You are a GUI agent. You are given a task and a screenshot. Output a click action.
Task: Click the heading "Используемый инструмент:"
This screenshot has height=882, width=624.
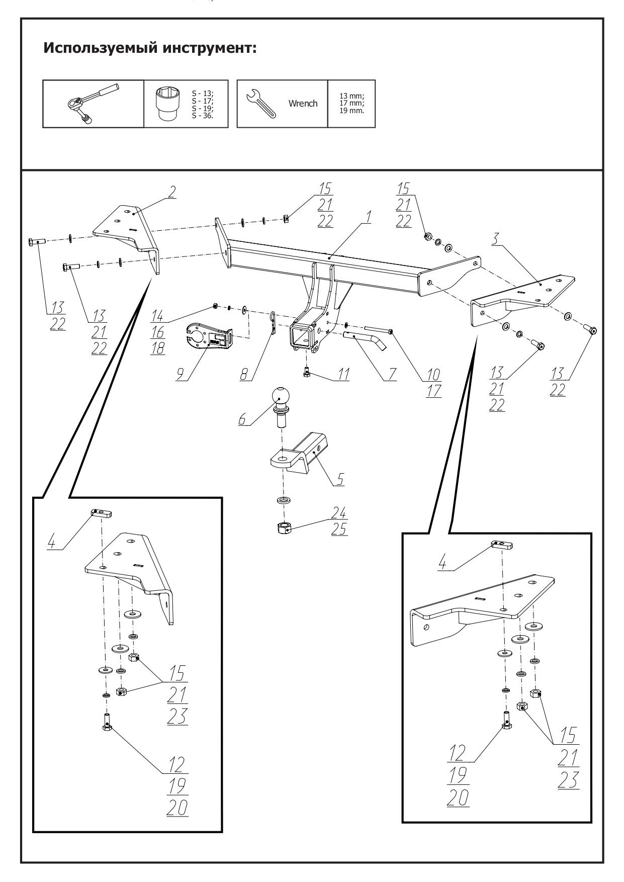click(x=150, y=49)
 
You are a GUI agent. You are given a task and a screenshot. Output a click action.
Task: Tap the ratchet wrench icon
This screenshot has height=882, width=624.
click(x=94, y=103)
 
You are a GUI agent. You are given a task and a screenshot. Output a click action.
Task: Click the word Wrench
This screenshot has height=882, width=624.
click(x=303, y=104)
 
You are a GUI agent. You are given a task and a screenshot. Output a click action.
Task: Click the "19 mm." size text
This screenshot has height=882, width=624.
click(x=351, y=110)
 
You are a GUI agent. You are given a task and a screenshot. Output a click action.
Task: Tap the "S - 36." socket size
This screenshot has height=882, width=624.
click(x=202, y=116)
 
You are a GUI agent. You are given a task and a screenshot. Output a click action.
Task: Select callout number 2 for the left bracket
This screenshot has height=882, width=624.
click(x=172, y=192)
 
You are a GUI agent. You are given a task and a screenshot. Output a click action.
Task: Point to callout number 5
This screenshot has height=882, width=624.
click(x=340, y=479)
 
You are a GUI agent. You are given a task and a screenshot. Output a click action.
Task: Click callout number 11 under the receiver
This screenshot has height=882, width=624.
click(x=343, y=374)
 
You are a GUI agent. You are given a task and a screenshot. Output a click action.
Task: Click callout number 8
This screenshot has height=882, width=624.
click(x=245, y=375)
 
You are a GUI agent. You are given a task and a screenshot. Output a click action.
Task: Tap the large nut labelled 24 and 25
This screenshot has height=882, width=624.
click(x=285, y=528)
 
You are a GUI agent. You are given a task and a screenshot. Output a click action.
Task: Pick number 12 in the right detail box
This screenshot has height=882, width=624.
click(x=457, y=753)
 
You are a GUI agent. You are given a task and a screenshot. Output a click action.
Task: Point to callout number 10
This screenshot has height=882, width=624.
click(x=433, y=374)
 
